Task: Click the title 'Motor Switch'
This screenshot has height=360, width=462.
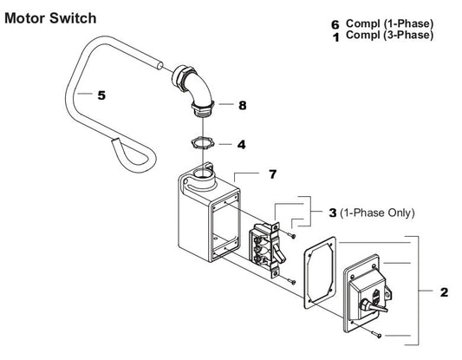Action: (x=51, y=17)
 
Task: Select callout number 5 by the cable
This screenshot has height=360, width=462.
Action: (x=101, y=95)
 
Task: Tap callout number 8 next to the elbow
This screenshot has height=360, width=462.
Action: (x=243, y=105)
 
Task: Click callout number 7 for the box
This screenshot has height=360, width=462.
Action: (x=272, y=175)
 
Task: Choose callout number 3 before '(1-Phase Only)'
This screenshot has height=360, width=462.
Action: (x=332, y=212)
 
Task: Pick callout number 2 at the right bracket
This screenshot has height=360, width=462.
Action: (x=444, y=292)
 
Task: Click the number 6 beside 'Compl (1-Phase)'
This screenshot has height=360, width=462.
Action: (x=335, y=23)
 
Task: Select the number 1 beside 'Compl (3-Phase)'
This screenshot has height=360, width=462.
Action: (x=335, y=36)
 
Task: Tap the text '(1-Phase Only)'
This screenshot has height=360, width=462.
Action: (x=379, y=213)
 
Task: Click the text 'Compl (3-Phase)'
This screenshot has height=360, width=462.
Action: (x=389, y=36)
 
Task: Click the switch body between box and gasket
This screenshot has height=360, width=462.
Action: (x=264, y=247)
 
